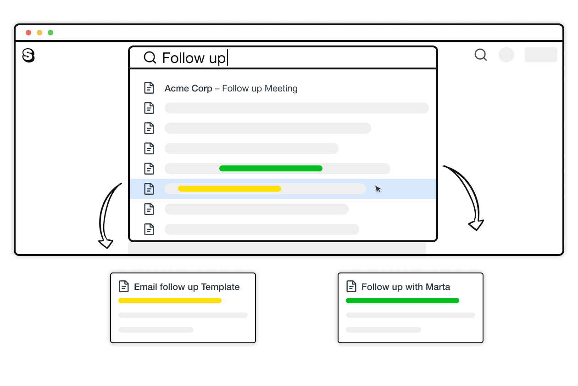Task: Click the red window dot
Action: click(28, 33)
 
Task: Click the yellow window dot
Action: click(39, 33)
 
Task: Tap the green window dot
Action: click(50, 33)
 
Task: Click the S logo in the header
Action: click(28, 56)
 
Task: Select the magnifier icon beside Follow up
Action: click(150, 57)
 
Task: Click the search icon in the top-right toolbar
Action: click(480, 55)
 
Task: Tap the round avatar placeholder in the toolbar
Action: click(506, 55)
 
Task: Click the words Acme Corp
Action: click(188, 88)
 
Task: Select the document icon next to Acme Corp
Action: click(149, 88)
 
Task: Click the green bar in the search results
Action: click(271, 169)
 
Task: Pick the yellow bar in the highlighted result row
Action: click(229, 188)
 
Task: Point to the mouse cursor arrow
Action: click(378, 189)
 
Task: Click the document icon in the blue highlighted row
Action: click(149, 188)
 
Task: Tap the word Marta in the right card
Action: click(438, 287)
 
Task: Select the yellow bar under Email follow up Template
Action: click(170, 301)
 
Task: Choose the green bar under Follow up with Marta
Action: click(402, 301)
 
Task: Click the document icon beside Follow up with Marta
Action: click(351, 286)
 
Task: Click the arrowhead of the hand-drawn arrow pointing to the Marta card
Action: click(476, 225)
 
